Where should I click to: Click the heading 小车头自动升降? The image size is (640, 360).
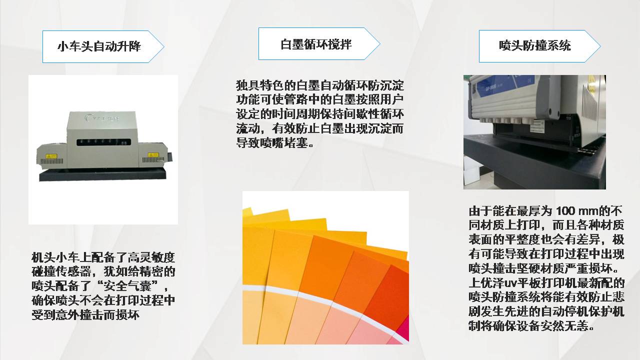click(99, 46)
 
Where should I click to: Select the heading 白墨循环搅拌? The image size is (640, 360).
click(315, 44)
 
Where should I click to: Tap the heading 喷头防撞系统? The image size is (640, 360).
click(535, 45)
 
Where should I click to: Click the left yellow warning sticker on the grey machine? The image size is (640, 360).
click(51, 156)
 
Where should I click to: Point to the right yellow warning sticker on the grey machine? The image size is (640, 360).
click(153, 155)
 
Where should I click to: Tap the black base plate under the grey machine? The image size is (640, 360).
click(102, 174)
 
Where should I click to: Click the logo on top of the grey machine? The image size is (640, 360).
click(102, 117)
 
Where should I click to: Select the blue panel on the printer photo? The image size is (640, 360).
click(512, 85)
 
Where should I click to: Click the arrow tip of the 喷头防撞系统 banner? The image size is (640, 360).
click(600, 46)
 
